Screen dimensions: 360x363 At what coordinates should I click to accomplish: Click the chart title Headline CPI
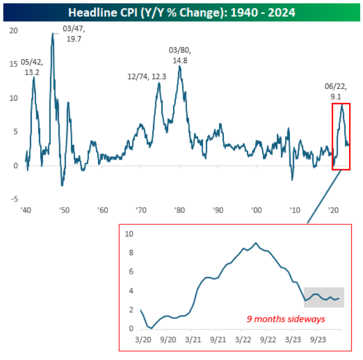coord(181,12)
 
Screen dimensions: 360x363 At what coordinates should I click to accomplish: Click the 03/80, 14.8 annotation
coord(179,56)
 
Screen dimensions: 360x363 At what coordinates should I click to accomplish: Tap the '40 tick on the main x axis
coord(26,211)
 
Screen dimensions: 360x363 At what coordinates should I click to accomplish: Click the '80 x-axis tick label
coord(179,211)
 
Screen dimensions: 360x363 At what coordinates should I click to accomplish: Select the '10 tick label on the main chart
coord(295,211)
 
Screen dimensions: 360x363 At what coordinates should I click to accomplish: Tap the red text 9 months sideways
coord(286,319)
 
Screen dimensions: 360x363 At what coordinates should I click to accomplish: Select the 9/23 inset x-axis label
coord(317,339)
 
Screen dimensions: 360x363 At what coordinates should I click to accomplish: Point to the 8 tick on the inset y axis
coord(130,253)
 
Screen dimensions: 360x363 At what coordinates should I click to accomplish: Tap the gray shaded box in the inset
coord(323,297)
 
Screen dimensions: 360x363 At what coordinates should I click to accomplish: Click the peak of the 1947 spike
coord(52,33)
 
